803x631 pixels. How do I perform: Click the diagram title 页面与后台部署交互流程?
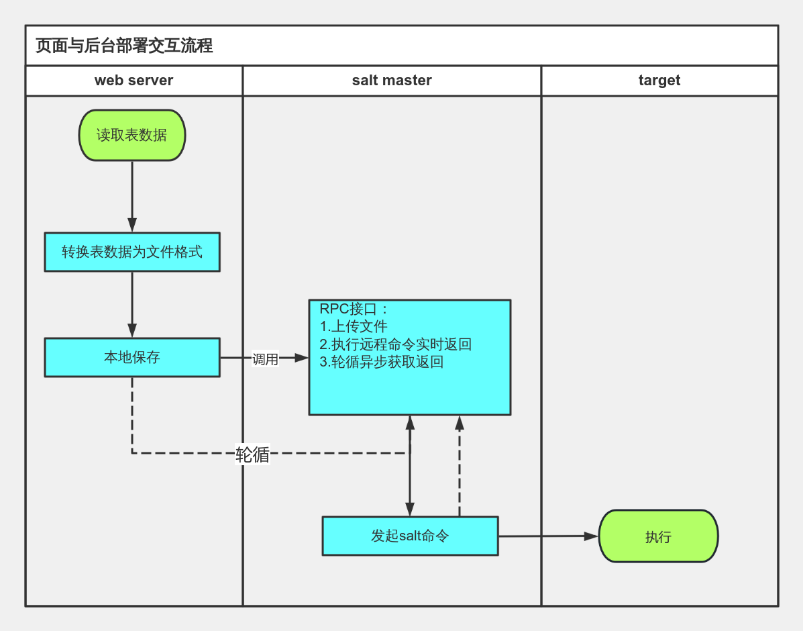click(124, 46)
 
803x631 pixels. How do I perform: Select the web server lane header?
click(133, 81)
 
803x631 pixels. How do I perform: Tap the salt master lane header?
click(392, 81)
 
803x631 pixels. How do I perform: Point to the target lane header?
click(659, 81)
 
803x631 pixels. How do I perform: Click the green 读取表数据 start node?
click(132, 135)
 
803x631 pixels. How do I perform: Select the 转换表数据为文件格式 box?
click(132, 252)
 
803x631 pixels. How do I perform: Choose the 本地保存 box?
click(132, 357)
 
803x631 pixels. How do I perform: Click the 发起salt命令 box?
click(410, 536)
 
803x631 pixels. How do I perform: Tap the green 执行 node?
click(658, 536)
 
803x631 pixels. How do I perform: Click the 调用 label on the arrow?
click(265, 359)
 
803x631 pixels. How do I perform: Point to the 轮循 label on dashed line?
click(252, 454)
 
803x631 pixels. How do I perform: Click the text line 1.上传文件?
click(354, 327)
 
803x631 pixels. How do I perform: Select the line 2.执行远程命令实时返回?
click(396, 344)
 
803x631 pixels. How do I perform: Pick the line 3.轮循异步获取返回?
click(381, 362)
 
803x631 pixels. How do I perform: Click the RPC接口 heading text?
click(354, 309)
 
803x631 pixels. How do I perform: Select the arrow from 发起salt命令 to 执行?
click(547, 536)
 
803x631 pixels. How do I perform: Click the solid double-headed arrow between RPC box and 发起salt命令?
click(410, 483)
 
